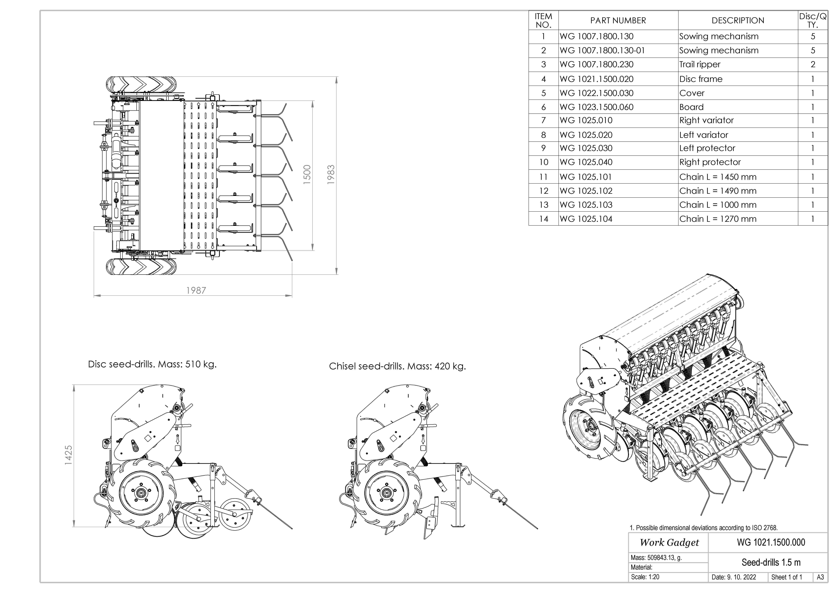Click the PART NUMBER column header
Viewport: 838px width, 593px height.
[x=618, y=20]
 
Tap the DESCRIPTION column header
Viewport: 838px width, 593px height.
[x=738, y=20]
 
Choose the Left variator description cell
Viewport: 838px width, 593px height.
[x=704, y=135]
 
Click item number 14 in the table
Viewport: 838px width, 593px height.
[x=543, y=219]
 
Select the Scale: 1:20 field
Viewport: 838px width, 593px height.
[x=645, y=577]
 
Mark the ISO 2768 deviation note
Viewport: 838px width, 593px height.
[x=704, y=528]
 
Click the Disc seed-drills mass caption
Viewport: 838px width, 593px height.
[x=152, y=364]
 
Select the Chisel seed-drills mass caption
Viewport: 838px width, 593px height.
[x=397, y=366]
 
